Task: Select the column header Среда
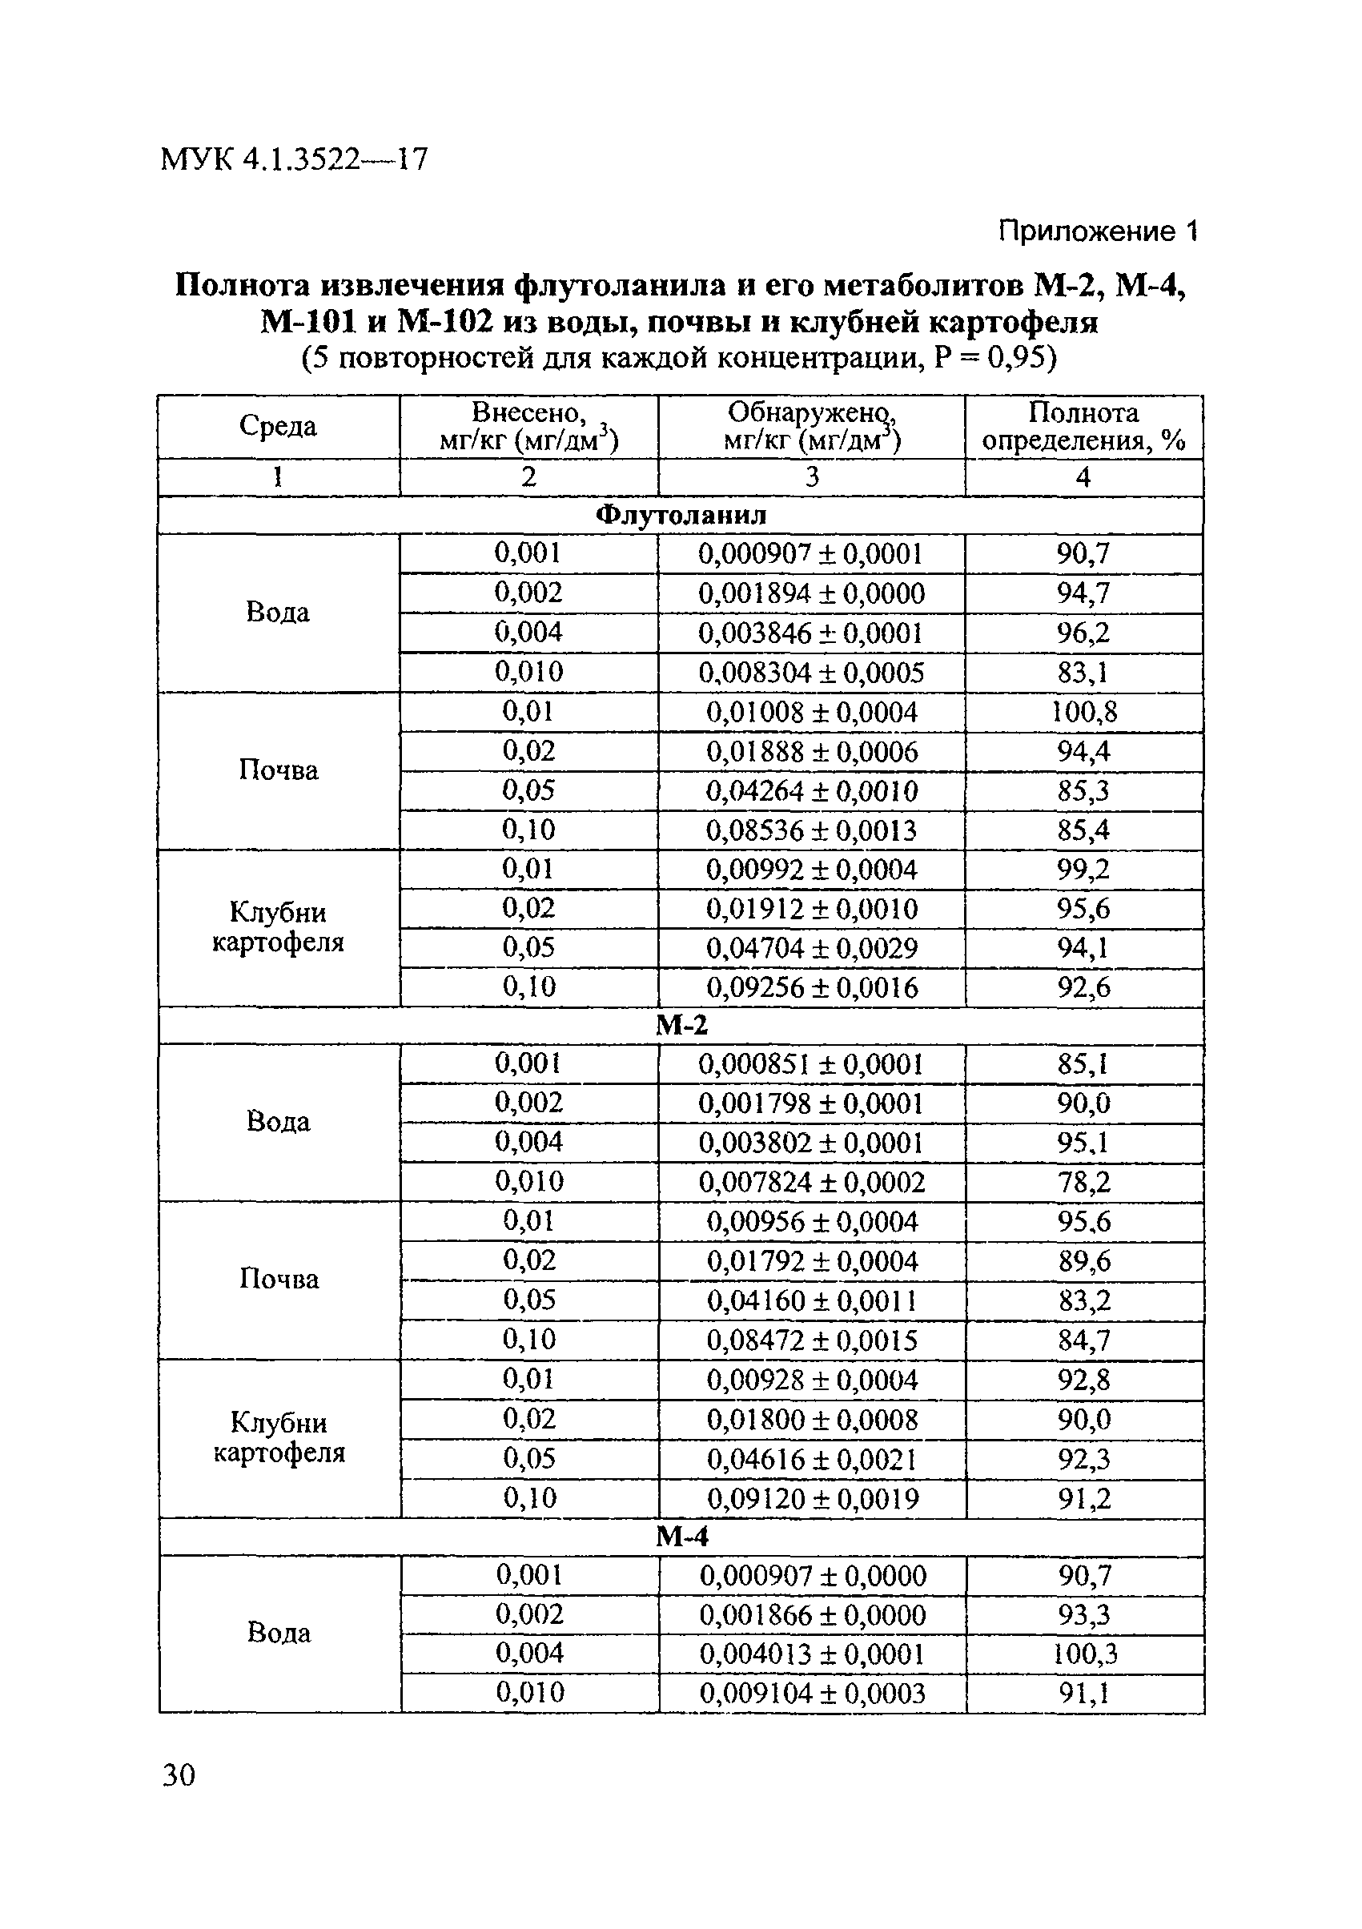[278, 426]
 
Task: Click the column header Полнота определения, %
[1083, 426]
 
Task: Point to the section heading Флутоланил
[680, 515]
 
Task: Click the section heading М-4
[681, 1536]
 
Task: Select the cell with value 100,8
[1083, 713]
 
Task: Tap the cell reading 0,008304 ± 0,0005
[811, 673]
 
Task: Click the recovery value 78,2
[1084, 1182]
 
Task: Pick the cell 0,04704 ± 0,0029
[811, 949]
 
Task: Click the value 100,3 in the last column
[1085, 1654]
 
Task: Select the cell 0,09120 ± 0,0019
[813, 1498]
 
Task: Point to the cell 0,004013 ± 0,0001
[812, 1654]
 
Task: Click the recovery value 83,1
[1083, 673]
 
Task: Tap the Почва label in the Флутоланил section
[278, 770]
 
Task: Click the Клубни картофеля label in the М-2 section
[279, 1437]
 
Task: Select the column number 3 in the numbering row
[811, 477]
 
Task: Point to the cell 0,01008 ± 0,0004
[811, 713]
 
